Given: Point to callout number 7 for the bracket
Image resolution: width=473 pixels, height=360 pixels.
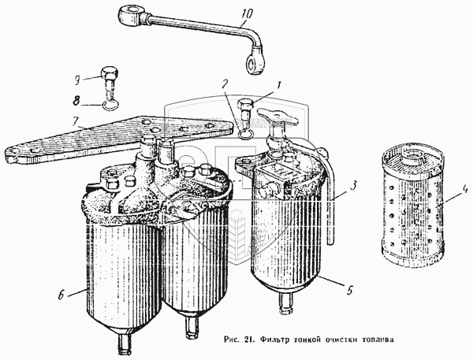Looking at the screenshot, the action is (76, 122).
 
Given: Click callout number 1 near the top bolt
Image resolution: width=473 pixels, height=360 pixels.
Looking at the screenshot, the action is (277, 85).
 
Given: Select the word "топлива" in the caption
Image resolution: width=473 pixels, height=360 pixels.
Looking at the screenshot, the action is (374, 340).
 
